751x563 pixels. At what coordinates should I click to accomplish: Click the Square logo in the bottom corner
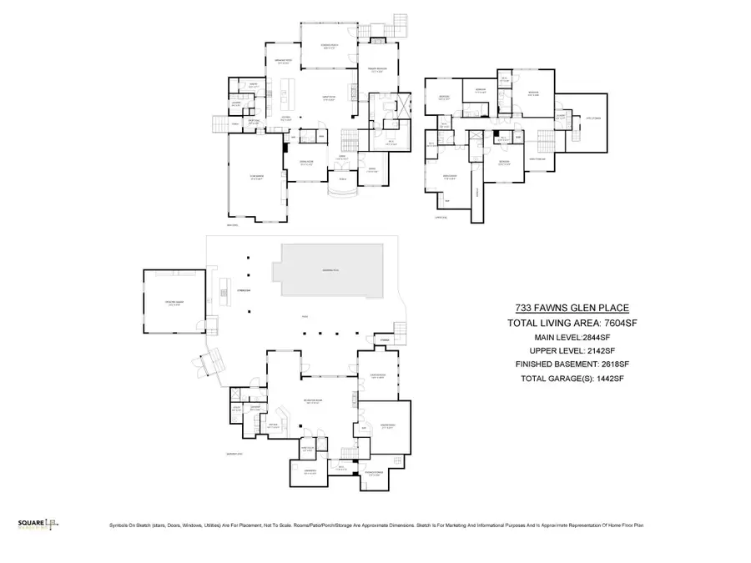click(x=38, y=524)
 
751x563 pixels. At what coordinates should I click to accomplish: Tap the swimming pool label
click(x=331, y=271)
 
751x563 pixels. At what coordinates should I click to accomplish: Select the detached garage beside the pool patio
click(x=174, y=301)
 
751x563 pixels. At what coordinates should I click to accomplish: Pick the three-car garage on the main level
click(x=256, y=178)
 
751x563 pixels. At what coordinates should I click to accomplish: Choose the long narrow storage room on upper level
click(x=477, y=192)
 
